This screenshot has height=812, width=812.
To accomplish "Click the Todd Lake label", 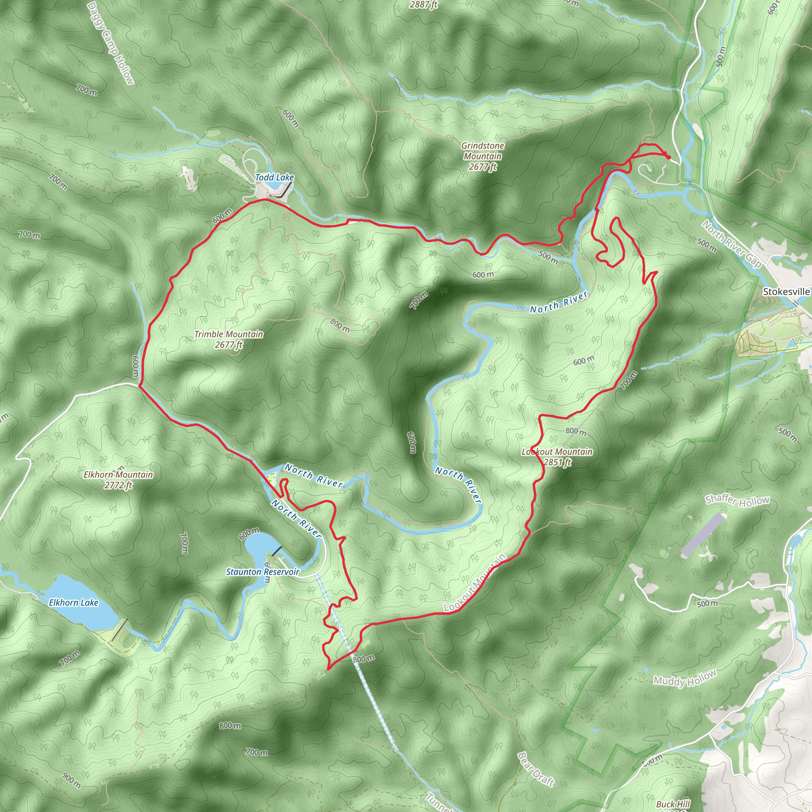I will pos(274,177).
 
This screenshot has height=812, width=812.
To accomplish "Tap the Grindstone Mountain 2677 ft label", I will pos(483,156).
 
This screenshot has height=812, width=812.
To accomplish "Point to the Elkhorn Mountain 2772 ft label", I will pos(118,480).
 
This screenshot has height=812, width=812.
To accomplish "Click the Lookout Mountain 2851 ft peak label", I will pos(557,457).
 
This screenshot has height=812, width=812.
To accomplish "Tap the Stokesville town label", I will pos(786,292).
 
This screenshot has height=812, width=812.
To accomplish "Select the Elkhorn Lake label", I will pos(74,603).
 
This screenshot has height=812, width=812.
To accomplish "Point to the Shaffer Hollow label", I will pos(737,500).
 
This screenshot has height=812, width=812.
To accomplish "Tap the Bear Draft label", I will pos(536,769).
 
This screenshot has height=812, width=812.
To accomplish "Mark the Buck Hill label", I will pos(673,804).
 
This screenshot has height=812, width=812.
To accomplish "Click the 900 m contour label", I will pos(71,780).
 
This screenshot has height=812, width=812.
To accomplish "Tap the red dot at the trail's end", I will pos(668,157).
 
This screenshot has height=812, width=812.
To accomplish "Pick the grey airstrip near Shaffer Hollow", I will pos(703,535).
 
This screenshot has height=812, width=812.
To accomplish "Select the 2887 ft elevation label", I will pos(424,5).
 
